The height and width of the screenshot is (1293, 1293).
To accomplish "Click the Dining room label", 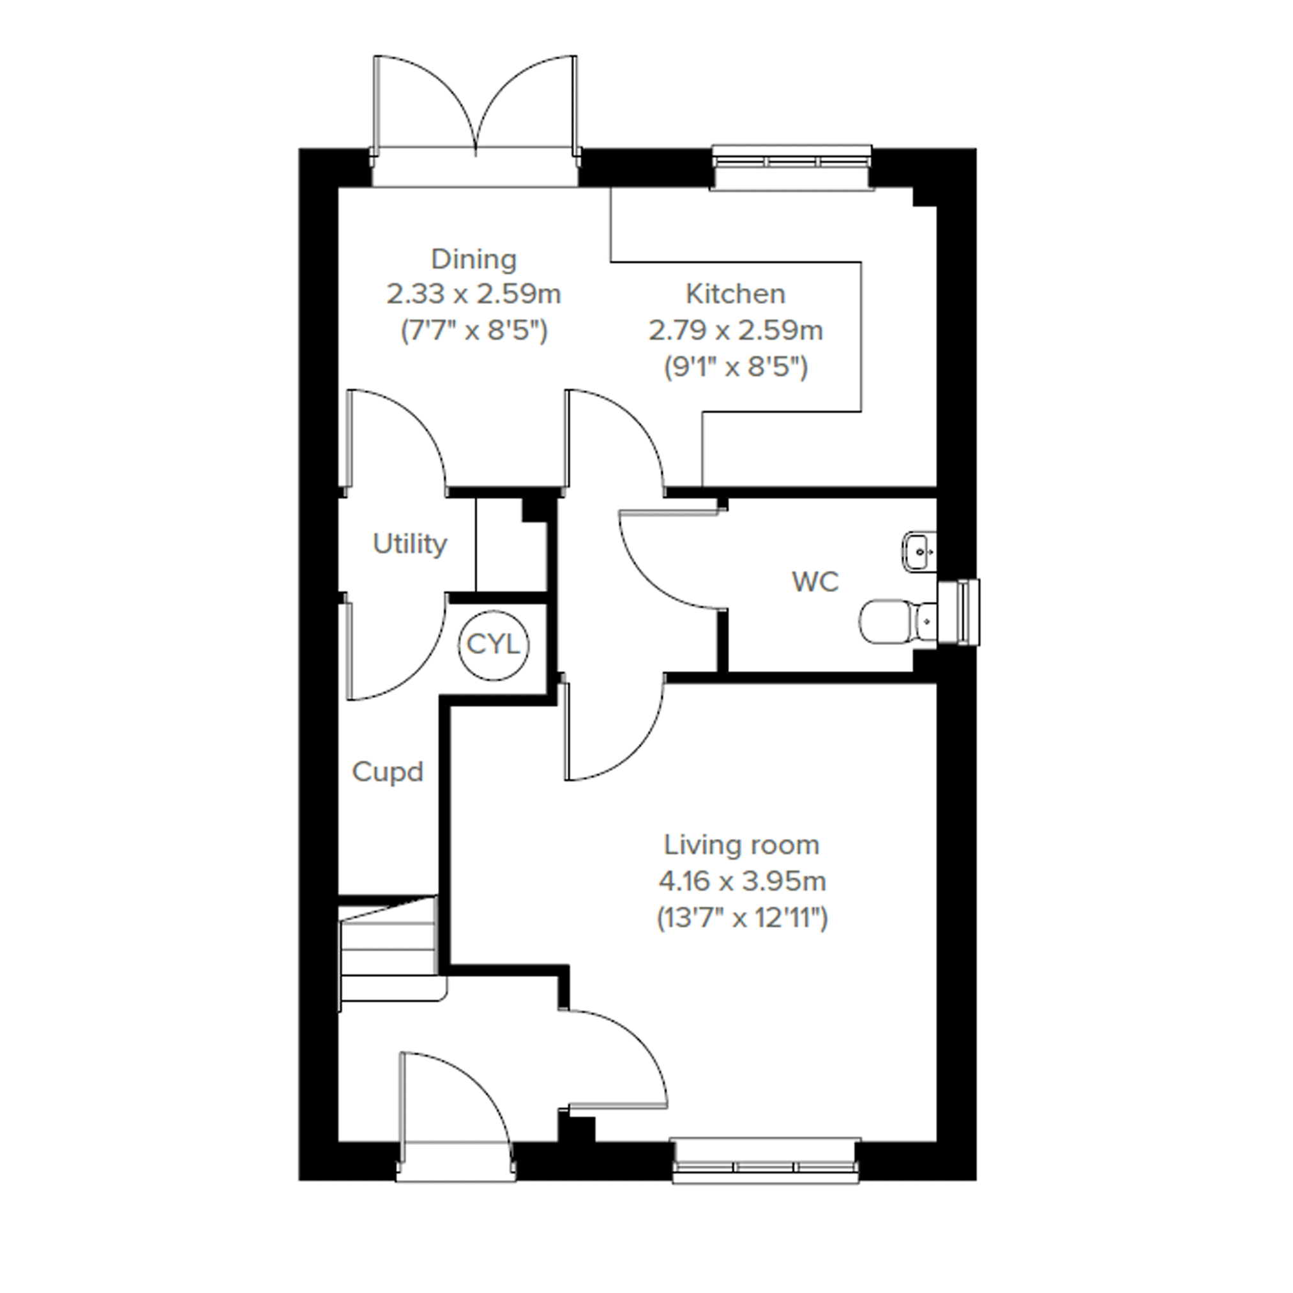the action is tap(474, 260).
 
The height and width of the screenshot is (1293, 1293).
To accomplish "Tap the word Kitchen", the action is tap(736, 294).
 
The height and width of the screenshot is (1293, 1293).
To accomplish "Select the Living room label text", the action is tap(741, 845).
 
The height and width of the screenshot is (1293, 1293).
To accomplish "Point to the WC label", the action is tap(815, 582).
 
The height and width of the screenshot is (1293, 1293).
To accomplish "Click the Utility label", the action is tap(409, 544).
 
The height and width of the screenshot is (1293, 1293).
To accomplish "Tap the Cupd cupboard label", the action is tap(388, 773).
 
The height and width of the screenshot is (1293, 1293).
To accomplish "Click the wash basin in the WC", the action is tap(919, 552).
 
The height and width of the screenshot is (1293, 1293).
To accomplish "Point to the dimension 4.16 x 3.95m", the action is tap(742, 881).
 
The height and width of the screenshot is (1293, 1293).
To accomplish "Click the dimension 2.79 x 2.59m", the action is tap(736, 331).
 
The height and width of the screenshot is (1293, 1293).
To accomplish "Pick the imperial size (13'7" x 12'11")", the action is tap(742, 918).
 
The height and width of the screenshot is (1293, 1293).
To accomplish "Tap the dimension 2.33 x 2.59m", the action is tap(474, 294).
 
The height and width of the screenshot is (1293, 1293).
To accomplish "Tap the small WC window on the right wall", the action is tap(960, 612).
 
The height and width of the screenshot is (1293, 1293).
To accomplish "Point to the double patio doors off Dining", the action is tap(475, 121).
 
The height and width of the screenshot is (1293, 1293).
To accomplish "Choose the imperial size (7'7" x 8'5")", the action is tap(474, 331).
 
